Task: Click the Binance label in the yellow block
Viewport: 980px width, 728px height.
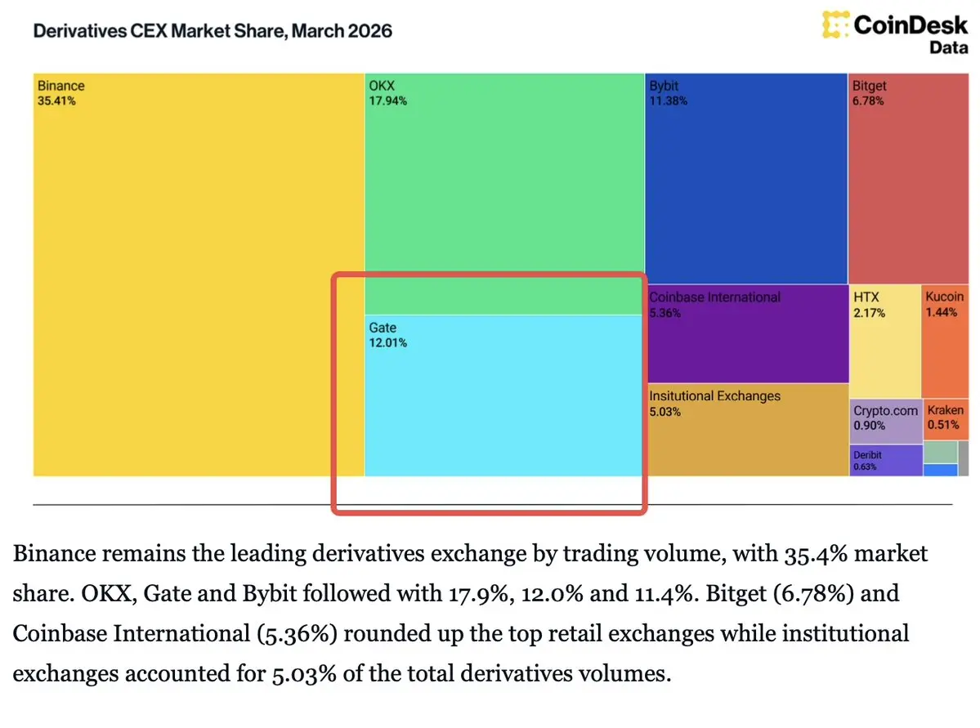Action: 60,86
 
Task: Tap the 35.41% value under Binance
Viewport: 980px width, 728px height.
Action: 56,101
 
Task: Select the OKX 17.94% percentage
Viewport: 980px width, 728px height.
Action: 388,101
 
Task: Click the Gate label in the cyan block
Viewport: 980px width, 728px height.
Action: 383,328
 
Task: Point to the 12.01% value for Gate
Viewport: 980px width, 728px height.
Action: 388,343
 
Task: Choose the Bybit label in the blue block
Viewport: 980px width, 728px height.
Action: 664,86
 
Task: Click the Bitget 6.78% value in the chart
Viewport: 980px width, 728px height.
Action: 868,101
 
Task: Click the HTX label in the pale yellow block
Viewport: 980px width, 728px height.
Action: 866,297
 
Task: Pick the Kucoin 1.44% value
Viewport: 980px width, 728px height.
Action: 941,313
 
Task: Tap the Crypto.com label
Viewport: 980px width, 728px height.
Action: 886,411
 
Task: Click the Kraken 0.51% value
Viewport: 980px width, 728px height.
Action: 942,426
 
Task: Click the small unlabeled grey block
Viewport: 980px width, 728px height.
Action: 964,458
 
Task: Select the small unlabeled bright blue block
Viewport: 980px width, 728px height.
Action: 940,470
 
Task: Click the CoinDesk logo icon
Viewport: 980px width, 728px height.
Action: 835,25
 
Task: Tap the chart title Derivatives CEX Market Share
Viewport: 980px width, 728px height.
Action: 212,32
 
